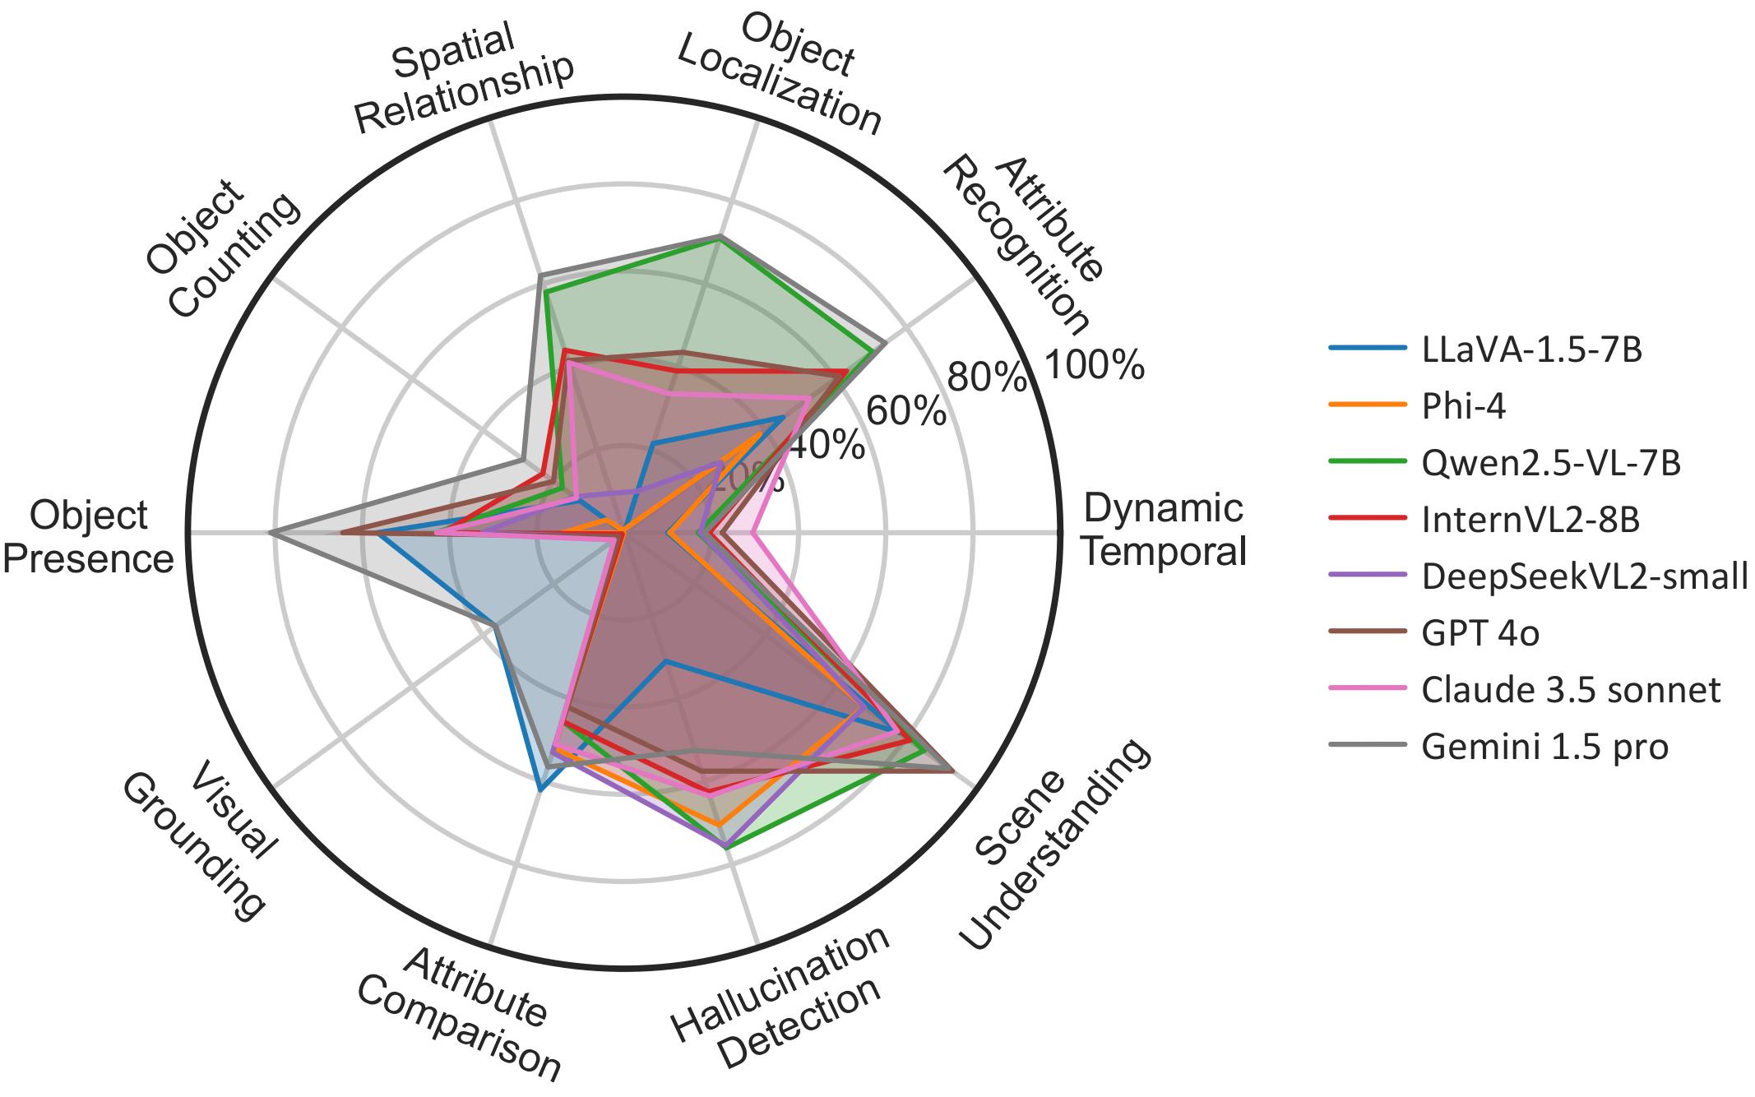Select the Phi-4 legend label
[1463, 406]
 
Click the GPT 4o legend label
[1480, 633]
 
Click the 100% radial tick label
[1093, 365]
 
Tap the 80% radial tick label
[987, 377]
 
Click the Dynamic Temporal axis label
[1164, 530]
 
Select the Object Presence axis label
[89, 537]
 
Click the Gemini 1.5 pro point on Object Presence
[272, 534]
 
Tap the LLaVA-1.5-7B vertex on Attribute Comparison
[539, 789]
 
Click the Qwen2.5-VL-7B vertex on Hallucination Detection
[729, 846]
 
